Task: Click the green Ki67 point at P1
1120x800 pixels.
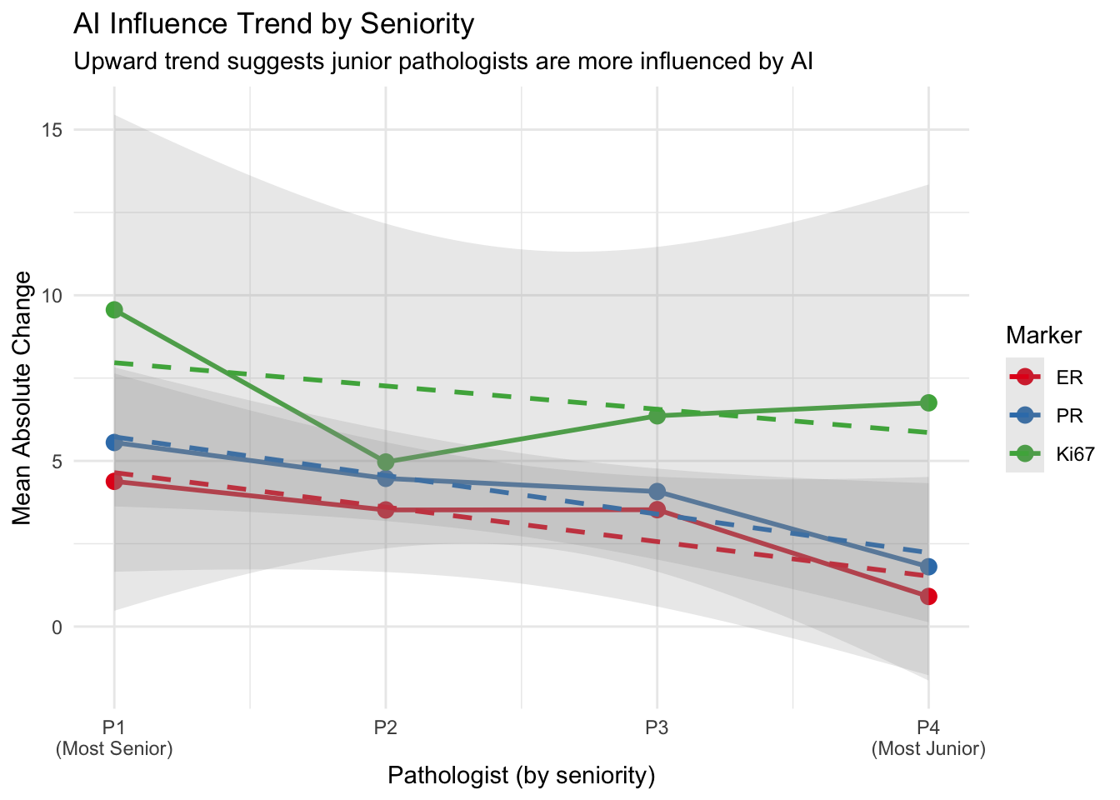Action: tap(114, 310)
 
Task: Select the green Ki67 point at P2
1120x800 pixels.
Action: tap(386, 462)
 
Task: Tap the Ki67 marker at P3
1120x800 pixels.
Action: tap(657, 416)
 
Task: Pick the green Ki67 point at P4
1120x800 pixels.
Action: tap(928, 403)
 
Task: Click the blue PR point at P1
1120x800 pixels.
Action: tap(114, 442)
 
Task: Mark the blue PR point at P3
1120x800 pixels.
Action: tap(657, 492)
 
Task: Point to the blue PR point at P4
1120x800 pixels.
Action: tap(928, 567)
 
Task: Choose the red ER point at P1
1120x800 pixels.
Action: tap(114, 482)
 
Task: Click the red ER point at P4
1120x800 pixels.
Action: tap(928, 597)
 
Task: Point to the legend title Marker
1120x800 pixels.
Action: tap(1043, 336)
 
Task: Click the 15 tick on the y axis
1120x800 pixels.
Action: tap(52, 131)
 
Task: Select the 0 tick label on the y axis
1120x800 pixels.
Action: tap(57, 627)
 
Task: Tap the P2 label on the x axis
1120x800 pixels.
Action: tap(386, 727)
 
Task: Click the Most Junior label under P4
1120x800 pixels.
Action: tap(928, 749)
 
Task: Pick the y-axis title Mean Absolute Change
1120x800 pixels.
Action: tap(22, 398)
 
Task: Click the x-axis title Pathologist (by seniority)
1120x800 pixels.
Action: tap(521, 776)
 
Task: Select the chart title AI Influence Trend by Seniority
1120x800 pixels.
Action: tap(273, 23)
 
